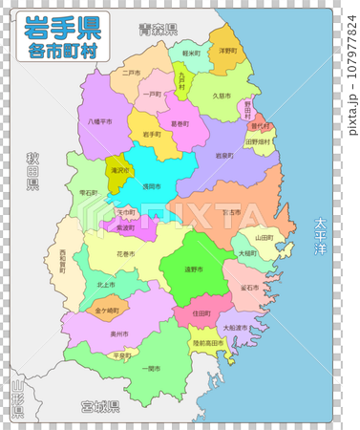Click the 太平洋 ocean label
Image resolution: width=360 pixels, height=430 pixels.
point(319,237)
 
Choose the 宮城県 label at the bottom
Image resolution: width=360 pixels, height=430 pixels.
point(100,406)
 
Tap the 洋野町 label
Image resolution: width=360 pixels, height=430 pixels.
point(228,51)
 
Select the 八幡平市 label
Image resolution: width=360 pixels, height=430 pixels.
point(99,122)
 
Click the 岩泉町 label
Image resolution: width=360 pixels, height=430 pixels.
point(224,155)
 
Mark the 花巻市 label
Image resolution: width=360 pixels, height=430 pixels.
point(126,255)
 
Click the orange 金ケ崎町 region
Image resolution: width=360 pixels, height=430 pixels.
point(107,311)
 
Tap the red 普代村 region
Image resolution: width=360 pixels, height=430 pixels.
point(260,125)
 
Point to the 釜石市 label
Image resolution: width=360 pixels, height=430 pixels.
point(250,286)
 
